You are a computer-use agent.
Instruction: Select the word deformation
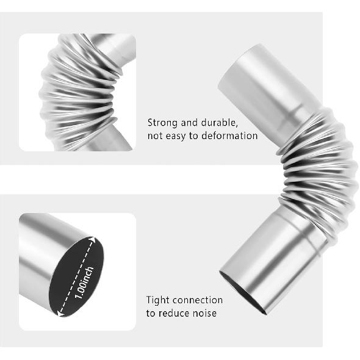coord(226,135)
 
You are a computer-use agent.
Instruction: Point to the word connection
coord(197,300)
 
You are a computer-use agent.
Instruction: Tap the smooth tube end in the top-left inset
coord(116,46)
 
